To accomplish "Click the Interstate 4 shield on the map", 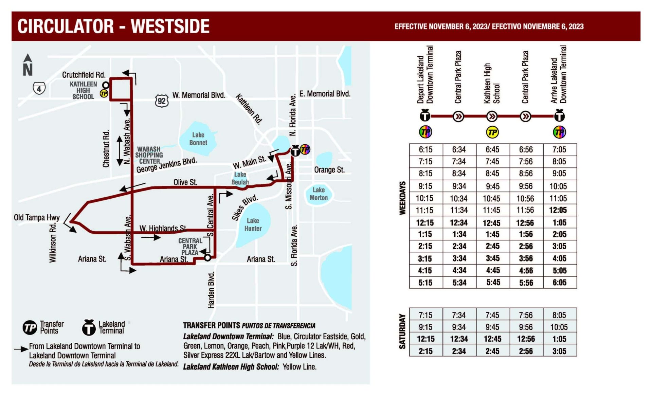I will click(x=39, y=88).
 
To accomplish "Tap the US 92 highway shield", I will click(x=162, y=101).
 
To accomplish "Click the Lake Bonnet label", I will click(x=198, y=139).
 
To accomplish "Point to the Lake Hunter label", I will click(x=253, y=224).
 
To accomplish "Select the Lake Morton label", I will click(x=319, y=194).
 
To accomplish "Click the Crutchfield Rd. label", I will click(x=84, y=75).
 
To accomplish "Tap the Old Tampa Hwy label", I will click(x=37, y=217).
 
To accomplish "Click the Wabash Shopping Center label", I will click(x=149, y=155).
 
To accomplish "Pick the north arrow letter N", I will click(x=28, y=70).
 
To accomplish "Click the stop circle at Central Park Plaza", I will click(x=207, y=258).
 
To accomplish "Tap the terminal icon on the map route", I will click(x=295, y=150).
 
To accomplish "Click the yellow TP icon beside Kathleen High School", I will click(x=104, y=93).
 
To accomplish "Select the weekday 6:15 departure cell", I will click(x=425, y=149).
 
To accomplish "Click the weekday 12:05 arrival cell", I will click(x=559, y=210).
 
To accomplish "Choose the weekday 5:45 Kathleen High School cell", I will click(x=492, y=283).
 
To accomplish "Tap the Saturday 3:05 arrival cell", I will click(x=559, y=351).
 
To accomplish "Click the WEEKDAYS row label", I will click(x=402, y=198).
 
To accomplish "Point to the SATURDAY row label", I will click(x=402, y=331).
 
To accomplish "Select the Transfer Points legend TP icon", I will click(x=30, y=327).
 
